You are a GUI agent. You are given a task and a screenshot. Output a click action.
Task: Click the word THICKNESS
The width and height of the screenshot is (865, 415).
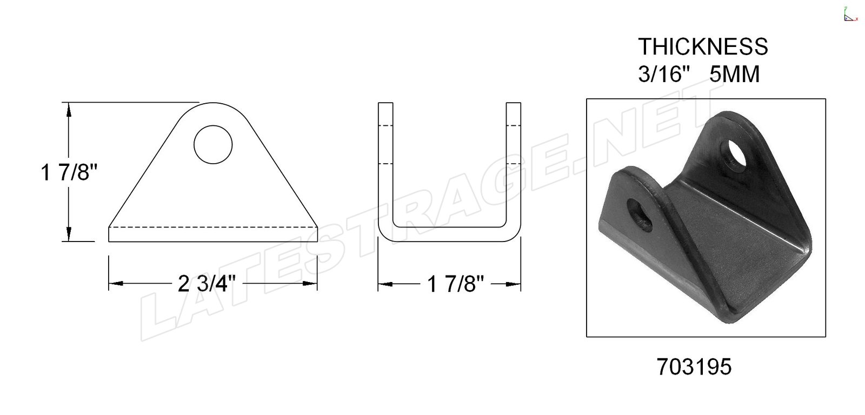point(703,46)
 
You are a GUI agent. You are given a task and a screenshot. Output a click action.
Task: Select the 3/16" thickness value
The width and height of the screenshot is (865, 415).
point(664,74)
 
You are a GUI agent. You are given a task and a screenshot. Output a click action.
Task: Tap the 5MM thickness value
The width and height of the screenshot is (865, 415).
point(735,74)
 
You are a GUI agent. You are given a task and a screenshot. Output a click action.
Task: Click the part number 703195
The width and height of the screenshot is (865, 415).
point(694,366)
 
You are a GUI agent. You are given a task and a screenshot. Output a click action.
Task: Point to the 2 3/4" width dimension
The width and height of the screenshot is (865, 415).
point(206,284)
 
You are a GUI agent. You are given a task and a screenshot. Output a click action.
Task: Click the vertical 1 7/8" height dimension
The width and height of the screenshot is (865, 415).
point(68,172)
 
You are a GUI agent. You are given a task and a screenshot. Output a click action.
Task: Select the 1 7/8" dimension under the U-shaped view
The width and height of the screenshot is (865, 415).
point(455,285)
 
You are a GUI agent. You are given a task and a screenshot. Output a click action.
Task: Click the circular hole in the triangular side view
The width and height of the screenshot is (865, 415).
point(213,144)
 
